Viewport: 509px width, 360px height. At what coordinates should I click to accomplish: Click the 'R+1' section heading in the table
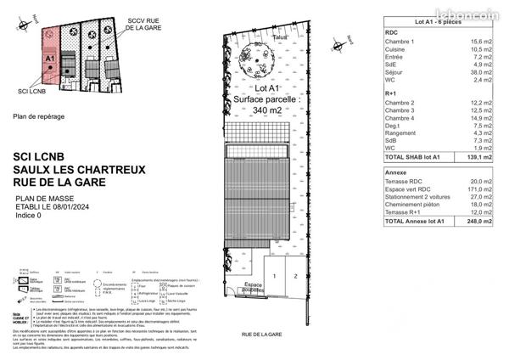point(393,93)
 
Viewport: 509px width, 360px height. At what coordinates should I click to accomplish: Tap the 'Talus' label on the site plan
point(281,37)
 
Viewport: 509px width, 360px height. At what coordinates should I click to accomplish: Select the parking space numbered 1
point(275,277)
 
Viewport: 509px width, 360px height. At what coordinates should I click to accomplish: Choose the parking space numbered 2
point(294,277)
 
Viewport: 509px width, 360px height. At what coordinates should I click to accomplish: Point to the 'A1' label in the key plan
point(49,59)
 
